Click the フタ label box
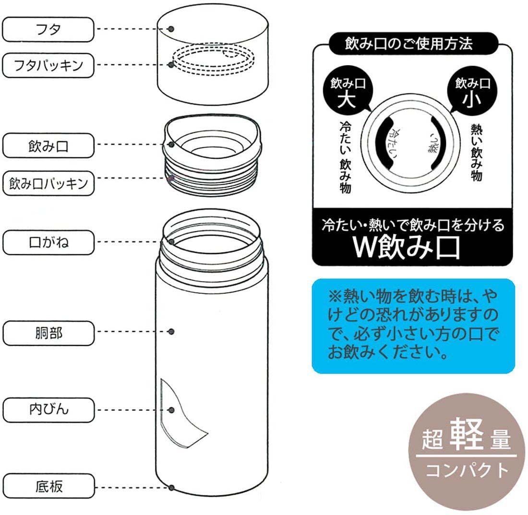tap(48, 30)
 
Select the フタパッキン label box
tap(48, 65)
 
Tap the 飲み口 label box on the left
tap(48, 146)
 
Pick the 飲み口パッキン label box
tap(48, 183)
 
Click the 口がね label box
tap(48, 242)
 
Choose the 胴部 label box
tap(48, 333)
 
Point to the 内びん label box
tap(48, 410)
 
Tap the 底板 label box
tap(48, 486)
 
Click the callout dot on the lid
tap(171, 29)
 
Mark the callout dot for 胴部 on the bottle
tap(171, 332)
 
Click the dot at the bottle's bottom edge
tap(171, 487)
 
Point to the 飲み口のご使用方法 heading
tap(408, 44)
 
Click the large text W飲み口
tap(407, 247)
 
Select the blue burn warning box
tap(413, 326)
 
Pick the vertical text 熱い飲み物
tap(477, 153)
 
